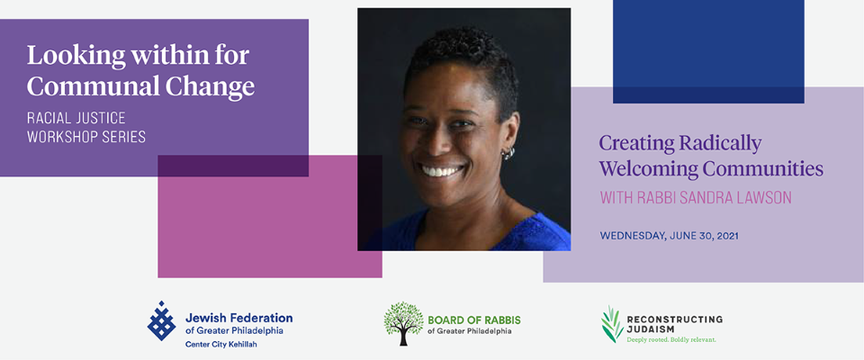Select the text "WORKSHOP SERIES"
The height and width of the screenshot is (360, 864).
86,138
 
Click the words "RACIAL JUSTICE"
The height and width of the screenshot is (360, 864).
76,118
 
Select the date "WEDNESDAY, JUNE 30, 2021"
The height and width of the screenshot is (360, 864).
669,236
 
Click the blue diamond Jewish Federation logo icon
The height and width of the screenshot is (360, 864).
161,321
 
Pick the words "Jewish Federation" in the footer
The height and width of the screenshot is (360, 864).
238,318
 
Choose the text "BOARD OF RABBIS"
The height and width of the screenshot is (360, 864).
474,320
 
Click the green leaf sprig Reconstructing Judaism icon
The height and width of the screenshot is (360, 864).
612,325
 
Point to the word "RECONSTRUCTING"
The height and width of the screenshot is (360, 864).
674,319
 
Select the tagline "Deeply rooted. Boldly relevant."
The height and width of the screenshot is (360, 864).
671,340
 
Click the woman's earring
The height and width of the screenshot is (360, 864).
507,153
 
